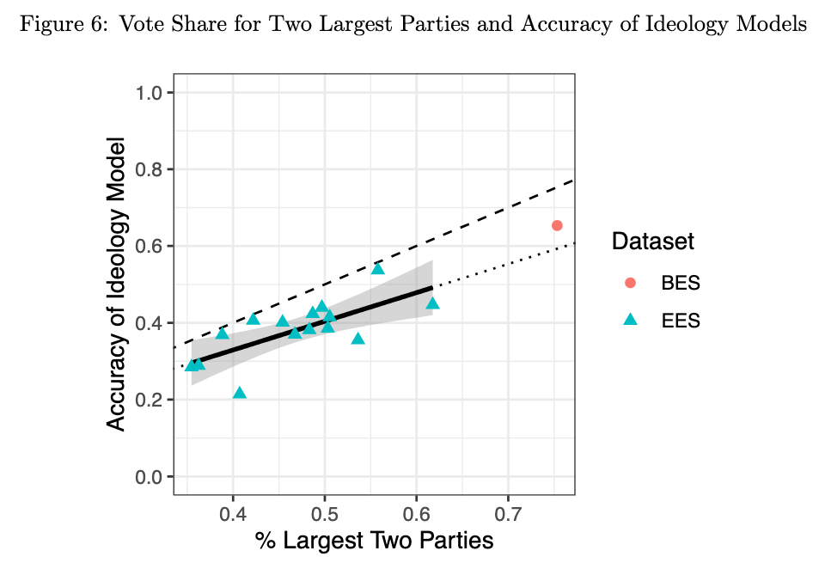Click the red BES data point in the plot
(557, 225)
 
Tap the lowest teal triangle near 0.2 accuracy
(240, 393)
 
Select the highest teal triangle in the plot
(378, 269)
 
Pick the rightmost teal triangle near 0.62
(432, 303)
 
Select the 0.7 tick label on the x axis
(508, 514)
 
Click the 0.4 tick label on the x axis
(233, 514)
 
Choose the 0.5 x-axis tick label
(325, 514)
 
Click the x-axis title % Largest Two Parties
(374, 541)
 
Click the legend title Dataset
(653, 242)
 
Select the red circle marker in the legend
(630, 283)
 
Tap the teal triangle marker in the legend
(630, 320)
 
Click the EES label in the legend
(681, 321)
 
